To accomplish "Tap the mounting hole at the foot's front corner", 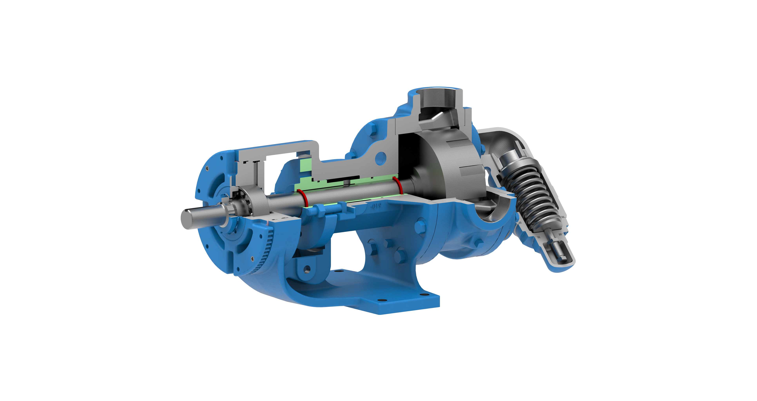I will [x=382, y=300].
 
